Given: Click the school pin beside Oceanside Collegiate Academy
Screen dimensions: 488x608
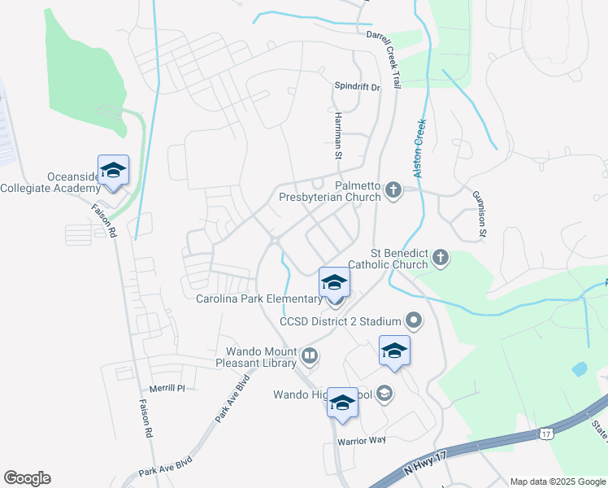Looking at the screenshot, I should click(113, 170).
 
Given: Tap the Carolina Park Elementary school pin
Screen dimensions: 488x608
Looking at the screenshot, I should click(334, 283).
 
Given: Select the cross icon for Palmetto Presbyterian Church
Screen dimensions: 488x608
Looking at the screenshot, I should click(393, 191).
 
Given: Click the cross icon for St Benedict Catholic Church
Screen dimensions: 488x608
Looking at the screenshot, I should click(440, 259).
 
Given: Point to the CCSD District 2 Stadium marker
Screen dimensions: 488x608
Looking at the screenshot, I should click(414, 321).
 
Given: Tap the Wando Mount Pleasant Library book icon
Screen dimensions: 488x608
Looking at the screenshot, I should click(309, 355).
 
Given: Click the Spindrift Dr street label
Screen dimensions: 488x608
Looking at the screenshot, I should click(358, 85).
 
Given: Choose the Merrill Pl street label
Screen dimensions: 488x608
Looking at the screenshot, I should click(168, 389).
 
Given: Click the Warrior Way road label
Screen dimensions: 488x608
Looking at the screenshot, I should click(361, 440).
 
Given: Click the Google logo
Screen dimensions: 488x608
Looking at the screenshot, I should click(27, 478).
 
